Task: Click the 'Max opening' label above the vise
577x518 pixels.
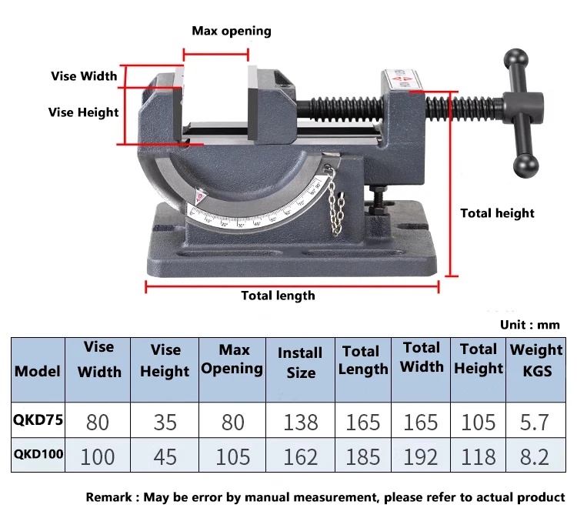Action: pyautogui.click(x=232, y=31)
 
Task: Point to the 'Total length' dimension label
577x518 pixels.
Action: pyautogui.click(x=278, y=296)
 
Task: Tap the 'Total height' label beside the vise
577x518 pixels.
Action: pyautogui.click(x=497, y=213)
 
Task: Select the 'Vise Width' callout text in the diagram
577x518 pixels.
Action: pyautogui.click(x=85, y=76)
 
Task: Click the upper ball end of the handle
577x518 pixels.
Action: pyautogui.click(x=516, y=59)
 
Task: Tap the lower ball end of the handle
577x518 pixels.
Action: pyautogui.click(x=525, y=166)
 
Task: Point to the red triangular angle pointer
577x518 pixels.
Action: pyautogui.click(x=199, y=196)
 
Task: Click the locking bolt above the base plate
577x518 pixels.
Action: pyautogui.click(x=378, y=202)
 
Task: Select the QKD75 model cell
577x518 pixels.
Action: pyautogui.click(x=38, y=419)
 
